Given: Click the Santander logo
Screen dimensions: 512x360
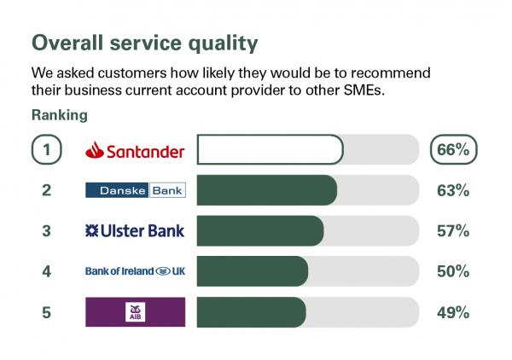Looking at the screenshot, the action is click(135, 150).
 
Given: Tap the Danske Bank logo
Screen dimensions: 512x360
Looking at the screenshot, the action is click(136, 190).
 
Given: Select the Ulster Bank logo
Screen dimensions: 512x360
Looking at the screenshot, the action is click(135, 230).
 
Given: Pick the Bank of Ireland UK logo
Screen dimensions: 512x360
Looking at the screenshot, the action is click(135, 271).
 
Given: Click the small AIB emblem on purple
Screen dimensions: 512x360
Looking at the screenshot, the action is click(135, 312).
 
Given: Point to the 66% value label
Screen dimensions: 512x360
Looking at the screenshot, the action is click(453, 149).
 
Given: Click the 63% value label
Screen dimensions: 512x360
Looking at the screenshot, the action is click(453, 190).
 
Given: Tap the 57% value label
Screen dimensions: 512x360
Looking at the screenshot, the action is click(453, 230).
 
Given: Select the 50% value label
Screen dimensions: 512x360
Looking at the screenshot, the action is click(453, 271).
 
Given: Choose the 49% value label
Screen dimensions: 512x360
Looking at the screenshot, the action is click(453, 312).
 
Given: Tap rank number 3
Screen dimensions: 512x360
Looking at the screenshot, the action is click(46, 230).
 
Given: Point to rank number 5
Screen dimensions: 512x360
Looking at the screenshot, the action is click(46, 312).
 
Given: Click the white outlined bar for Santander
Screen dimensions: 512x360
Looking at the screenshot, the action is click(270, 149).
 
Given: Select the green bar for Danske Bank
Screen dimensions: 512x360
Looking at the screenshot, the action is click(267, 190).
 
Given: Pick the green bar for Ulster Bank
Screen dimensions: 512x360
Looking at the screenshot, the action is click(260, 230).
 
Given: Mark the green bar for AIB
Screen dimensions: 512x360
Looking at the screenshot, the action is click(252, 312).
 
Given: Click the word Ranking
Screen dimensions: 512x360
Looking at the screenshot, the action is click(60, 115).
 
